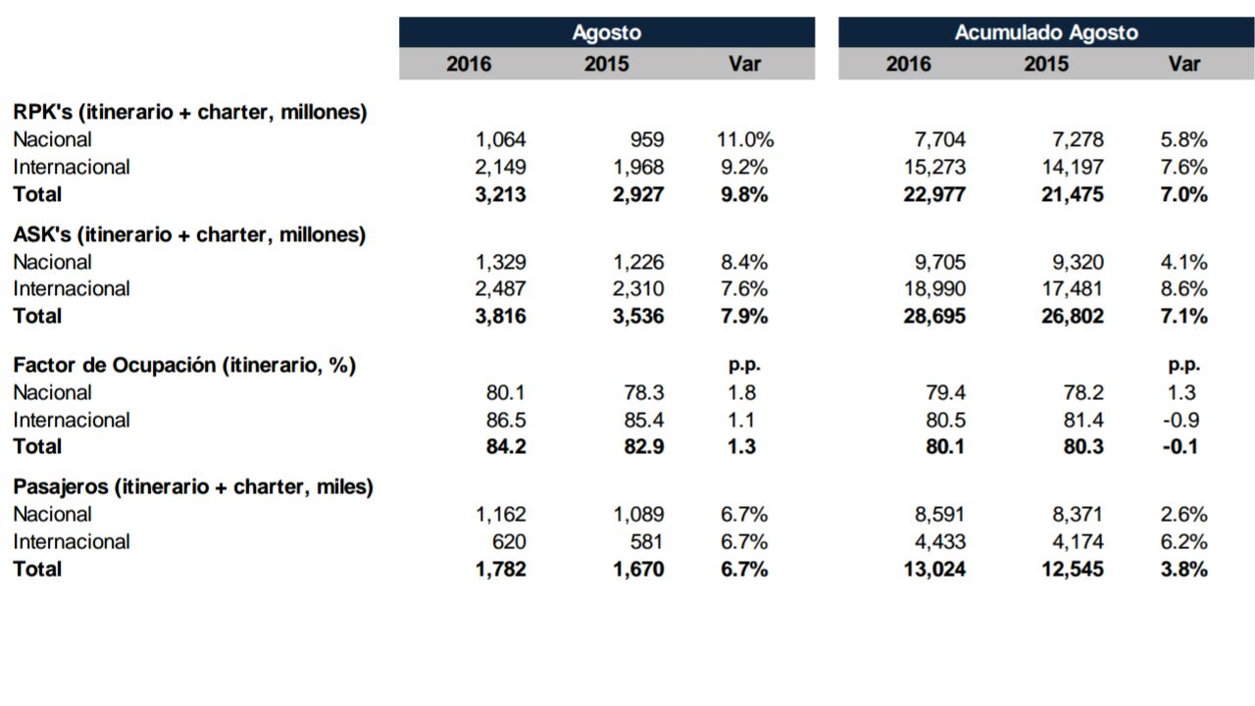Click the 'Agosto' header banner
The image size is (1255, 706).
607,32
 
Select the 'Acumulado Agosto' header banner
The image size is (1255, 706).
1046,32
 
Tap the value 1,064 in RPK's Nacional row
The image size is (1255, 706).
500,139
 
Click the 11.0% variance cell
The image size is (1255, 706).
745,139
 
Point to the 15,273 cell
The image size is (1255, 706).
934,167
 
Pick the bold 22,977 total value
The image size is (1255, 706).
934,194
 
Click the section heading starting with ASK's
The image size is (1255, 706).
189,234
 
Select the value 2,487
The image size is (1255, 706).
500,289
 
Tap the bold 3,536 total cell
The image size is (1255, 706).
638,317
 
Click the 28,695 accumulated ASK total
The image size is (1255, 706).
934,317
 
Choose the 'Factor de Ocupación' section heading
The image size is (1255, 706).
184,366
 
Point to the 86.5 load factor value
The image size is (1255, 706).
506,421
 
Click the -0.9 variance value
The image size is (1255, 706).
1181,421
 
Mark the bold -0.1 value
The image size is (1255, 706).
1180,446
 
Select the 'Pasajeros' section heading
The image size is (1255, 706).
193,487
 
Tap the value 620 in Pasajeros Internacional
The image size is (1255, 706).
509,542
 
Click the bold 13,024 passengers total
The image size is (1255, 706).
934,570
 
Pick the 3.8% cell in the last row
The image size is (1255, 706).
1183,570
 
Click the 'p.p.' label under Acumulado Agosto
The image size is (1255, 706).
1183,366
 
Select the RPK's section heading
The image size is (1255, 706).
190,112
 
